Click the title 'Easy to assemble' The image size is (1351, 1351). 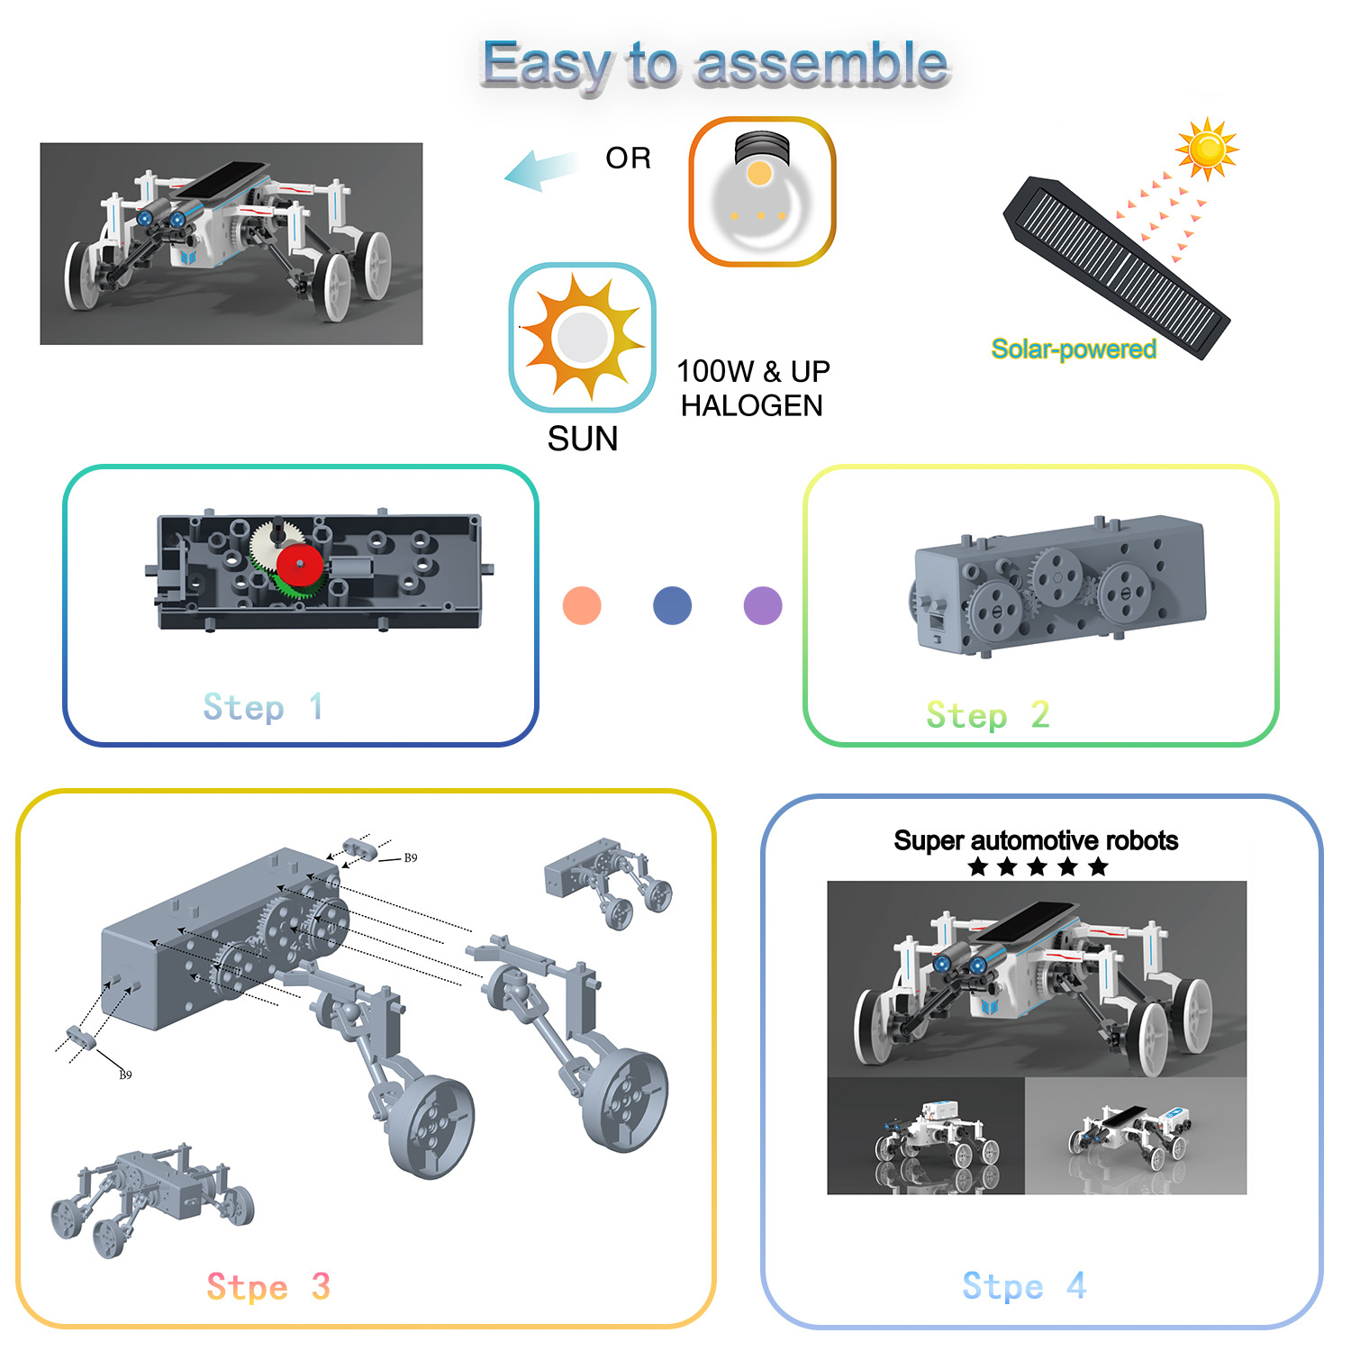[x=715, y=65]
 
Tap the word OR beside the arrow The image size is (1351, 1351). [x=628, y=159]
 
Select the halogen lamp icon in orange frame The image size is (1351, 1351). [x=762, y=191]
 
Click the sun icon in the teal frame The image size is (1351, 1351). [x=583, y=338]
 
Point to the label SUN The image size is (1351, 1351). [x=583, y=440]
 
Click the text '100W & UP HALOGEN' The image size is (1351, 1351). [x=753, y=388]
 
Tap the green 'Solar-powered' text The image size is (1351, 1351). [x=1073, y=349]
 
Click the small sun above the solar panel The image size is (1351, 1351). [x=1206, y=148]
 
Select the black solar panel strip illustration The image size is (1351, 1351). [x=1117, y=267]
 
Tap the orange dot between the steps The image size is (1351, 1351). [x=582, y=605]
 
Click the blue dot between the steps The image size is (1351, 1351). [x=672, y=605]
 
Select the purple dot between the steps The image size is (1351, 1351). [x=763, y=605]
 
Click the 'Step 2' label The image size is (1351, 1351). [x=988, y=715]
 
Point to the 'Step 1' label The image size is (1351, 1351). [x=262, y=707]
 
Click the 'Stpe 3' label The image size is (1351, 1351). [x=268, y=1286]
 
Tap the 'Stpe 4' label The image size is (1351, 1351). [x=1024, y=1285]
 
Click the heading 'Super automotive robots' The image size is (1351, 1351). [x=1036, y=840]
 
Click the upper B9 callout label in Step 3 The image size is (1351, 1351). [x=411, y=858]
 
